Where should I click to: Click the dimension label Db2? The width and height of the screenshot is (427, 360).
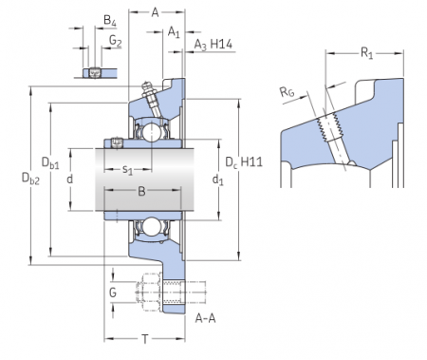30,179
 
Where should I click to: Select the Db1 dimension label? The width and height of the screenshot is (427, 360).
50,162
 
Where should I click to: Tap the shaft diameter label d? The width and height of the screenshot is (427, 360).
70,179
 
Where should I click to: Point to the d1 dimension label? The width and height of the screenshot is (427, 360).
217,180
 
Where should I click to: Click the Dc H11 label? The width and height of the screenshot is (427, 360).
244,162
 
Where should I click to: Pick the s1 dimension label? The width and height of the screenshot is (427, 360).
128,170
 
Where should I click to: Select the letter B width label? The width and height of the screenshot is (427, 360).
141,191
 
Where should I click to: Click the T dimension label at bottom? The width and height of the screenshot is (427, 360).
145,339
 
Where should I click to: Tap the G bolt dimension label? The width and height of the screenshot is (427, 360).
113,293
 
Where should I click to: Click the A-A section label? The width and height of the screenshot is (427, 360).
205,318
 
